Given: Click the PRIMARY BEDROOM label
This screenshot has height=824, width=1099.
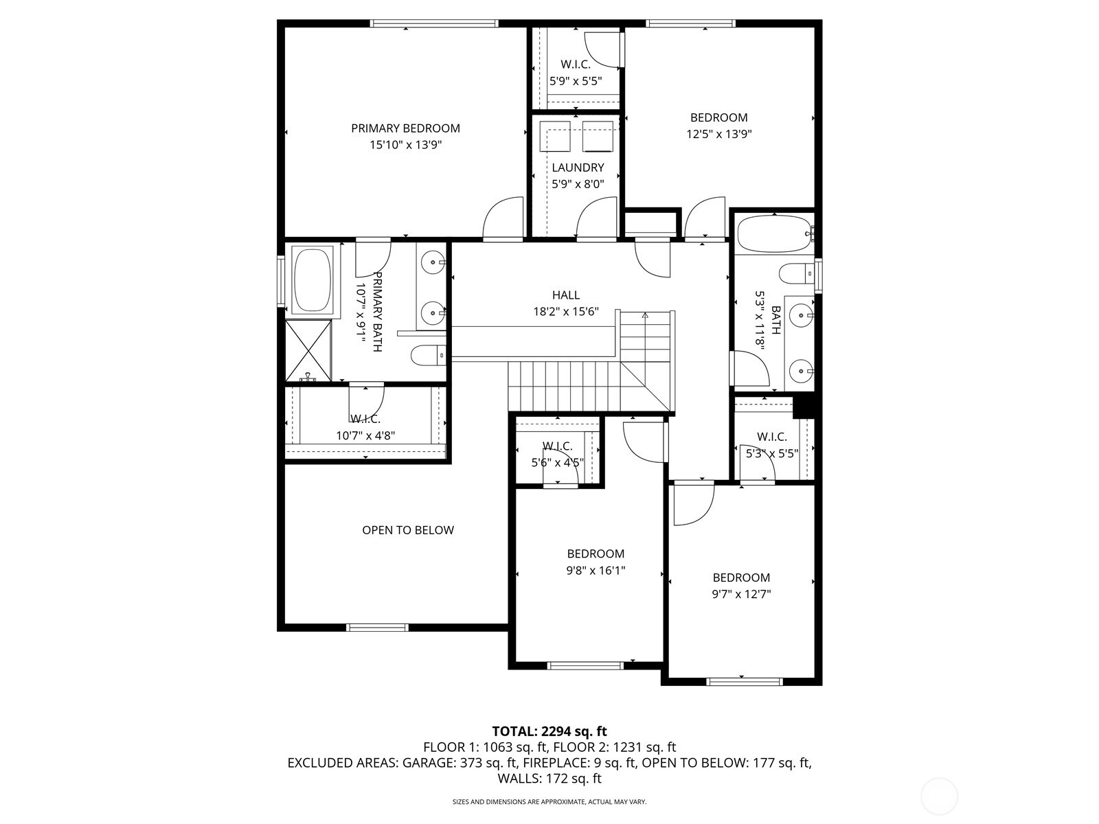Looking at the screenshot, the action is pyautogui.click(x=405, y=128).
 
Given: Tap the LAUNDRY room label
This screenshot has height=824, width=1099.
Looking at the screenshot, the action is pyautogui.click(x=578, y=168).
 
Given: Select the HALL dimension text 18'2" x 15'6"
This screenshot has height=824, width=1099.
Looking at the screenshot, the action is pyautogui.click(x=566, y=312).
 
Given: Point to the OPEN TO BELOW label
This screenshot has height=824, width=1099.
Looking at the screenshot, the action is pyautogui.click(x=407, y=530).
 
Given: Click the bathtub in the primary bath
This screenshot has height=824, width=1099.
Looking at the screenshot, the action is pyautogui.click(x=313, y=280).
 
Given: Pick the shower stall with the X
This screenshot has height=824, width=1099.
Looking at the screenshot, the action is pyautogui.click(x=308, y=350).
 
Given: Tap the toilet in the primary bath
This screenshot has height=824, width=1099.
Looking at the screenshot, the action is pyautogui.click(x=428, y=356).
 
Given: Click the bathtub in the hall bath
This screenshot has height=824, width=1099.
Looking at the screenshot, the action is pyautogui.click(x=773, y=233).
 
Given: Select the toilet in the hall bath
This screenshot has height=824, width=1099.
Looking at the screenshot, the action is pyautogui.click(x=797, y=274).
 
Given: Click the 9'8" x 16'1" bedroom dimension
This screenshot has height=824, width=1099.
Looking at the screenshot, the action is pyautogui.click(x=596, y=571).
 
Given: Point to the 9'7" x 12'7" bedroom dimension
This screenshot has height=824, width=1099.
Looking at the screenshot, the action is pyautogui.click(x=741, y=594).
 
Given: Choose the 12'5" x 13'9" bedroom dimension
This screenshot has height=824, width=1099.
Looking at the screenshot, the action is pyautogui.click(x=719, y=134).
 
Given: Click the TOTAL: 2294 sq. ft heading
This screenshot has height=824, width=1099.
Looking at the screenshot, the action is pyautogui.click(x=549, y=731).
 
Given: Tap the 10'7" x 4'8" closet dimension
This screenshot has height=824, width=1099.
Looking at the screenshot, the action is pyautogui.click(x=365, y=436).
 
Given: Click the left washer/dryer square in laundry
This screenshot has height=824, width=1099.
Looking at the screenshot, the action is pyautogui.click(x=555, y=135).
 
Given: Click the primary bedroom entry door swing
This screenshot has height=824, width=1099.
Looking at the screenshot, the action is pyautogui.click(x=503, y=218).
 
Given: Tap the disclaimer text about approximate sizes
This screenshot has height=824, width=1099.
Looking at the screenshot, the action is pyautogui.click(x=549, y=801).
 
